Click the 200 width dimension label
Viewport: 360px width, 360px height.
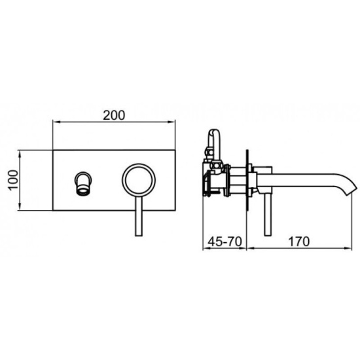click(x=114, y=115)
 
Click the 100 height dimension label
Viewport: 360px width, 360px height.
click(x=13, y=180)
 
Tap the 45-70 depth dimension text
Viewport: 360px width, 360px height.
click(x=225, y=242)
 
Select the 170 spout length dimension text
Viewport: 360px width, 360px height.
click(x=298, y=242)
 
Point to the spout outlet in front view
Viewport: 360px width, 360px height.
click(x=83, y=183)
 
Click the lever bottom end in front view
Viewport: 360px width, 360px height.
click(x=139, y=234)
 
